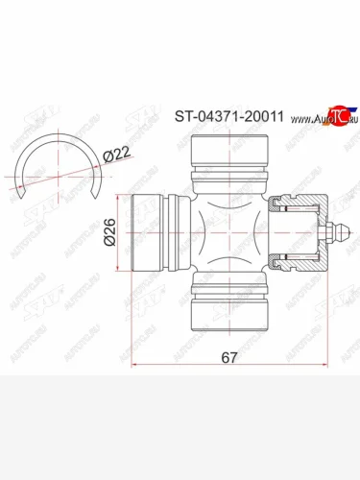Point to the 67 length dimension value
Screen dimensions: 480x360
229,357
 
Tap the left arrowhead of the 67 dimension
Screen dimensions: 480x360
133,366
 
